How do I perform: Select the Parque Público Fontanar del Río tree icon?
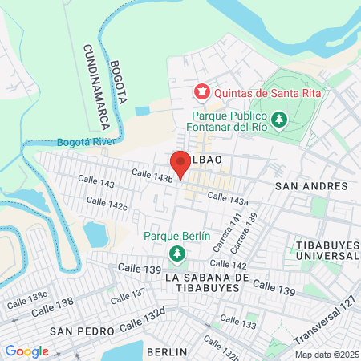point(279,120)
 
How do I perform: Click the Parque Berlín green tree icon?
point(177,254)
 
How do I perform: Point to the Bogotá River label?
point(87,142)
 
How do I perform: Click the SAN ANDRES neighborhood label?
point(311,186)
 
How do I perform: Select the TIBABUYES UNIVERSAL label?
point(325,248)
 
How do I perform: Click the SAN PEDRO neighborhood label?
point(77,331)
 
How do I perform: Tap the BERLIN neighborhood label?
point(167,351)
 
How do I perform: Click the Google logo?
point(26,351)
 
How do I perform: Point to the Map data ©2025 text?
point(326,355)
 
